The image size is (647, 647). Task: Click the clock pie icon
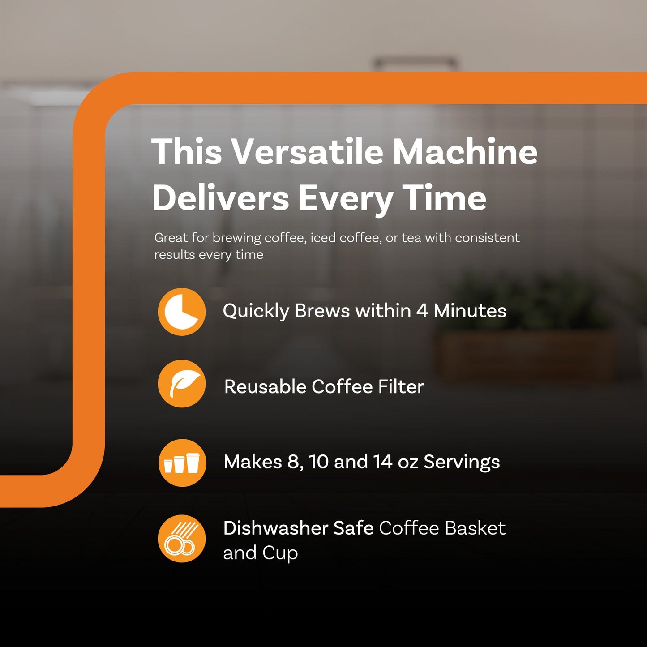(x=182, y=312)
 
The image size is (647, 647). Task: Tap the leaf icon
(x=182, y=384)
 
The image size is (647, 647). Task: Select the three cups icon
(x=182, y=463)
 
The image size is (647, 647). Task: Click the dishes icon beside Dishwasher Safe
(x=182, y=539)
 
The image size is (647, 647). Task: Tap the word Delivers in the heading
(x=221, y=198)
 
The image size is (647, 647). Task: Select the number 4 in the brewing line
(x=422, y=311)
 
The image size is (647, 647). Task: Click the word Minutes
(x=470, y=311)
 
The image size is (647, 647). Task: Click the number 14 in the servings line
(x=383, y=462)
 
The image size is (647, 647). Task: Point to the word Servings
(x=462, y=462)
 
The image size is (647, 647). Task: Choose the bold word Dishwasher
(x=276, y=528)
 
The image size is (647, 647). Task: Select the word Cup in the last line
(x=280, y=553)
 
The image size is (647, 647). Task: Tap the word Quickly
(x=256, y=311)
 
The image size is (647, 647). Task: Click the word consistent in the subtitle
(x=487, y=238)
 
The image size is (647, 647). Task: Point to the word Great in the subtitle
(x=171, y=238)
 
